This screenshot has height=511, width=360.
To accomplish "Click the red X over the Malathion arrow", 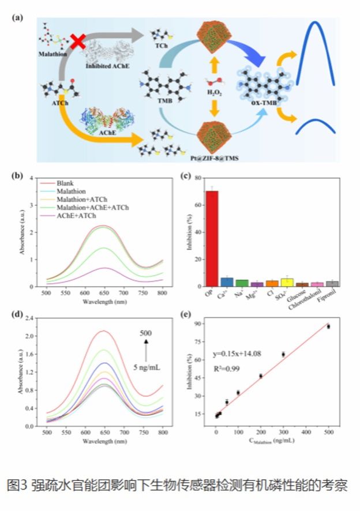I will coord(78,43).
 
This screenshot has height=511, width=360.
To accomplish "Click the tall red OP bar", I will coord(212,239).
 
